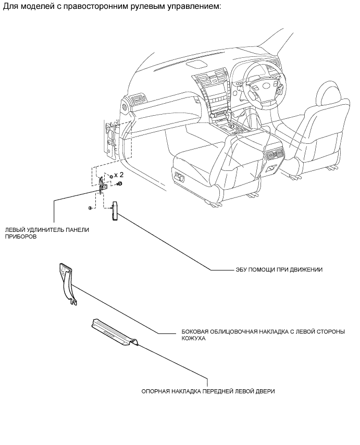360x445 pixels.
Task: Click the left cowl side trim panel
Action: (x=66, y=282)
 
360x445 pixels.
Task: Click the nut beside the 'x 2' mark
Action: (x=110, y=176)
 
